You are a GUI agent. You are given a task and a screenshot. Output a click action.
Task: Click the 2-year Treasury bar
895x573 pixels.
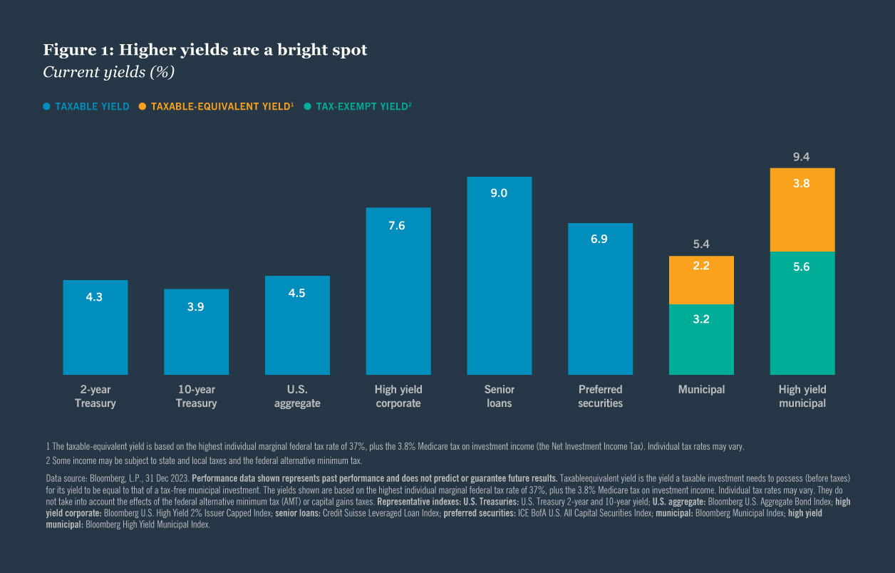[95, 328]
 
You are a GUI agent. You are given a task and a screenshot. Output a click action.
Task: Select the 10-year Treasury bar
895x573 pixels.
[197, 332]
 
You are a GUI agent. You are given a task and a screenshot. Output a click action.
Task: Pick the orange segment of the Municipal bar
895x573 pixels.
[701, 280]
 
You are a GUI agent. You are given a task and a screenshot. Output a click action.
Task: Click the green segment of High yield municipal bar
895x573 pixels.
[802, 314]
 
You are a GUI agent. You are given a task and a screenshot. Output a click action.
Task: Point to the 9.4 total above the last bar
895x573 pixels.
[802, 157]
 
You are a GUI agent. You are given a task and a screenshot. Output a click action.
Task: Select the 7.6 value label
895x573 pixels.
[398, 225]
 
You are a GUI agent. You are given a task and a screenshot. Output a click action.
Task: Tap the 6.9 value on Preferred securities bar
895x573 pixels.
[599, 239]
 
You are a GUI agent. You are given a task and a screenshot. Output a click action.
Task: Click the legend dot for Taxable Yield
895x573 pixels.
[47, 107]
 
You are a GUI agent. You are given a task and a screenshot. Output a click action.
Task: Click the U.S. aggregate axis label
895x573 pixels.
[297, 396]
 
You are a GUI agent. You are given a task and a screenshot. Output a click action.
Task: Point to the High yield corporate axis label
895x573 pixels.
[398, 396]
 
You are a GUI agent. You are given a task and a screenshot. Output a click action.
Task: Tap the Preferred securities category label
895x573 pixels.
[600, 396]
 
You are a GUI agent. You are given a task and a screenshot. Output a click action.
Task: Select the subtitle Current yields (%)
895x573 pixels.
[108, 72]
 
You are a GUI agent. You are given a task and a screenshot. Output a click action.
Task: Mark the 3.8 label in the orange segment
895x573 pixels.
[802, 183]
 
